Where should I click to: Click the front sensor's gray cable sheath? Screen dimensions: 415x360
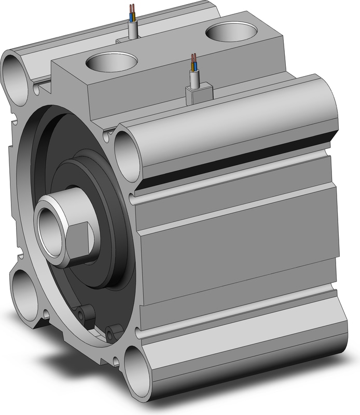click(196, 79)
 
